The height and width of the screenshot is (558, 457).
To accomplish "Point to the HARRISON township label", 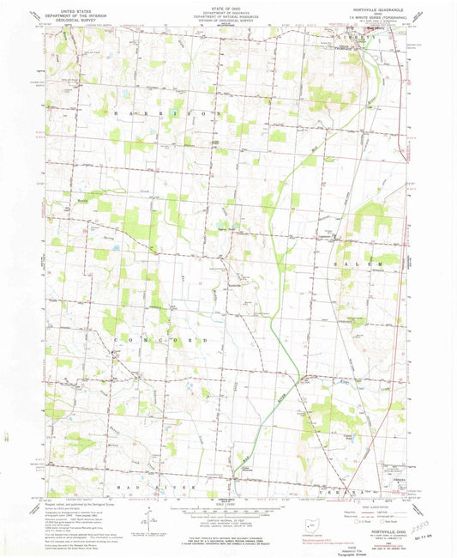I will tap(163, 112).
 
